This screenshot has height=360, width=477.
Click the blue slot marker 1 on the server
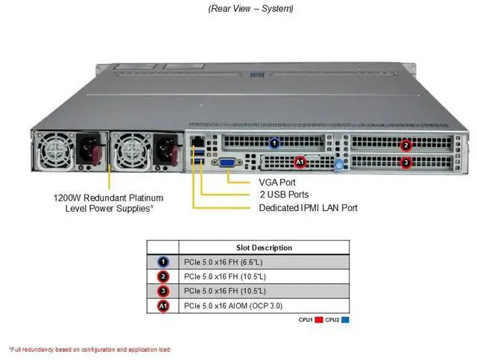pyautogui.click(x=274, y=142)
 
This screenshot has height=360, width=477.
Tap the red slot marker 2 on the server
pyautogui.click(x=406, y=145)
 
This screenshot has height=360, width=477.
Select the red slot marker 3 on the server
pyautogui.click(x=406, y=162)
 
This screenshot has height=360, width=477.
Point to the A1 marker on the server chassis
pyautogui.click(x=300, y=161)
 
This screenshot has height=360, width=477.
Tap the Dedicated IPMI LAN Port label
pyautogui.click(x=308, y=208)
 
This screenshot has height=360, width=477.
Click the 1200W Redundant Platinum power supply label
pyautogui.click(x=109, y=203)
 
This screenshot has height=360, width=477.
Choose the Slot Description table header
pyautogui.click(x=264, y=247)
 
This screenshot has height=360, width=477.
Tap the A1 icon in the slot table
pyautogui.click(x=163, y=306)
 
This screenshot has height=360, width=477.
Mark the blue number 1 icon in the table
pyautogui.click(x=163, y=262)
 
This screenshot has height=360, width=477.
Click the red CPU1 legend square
pyautogui.click(x=318, y=320)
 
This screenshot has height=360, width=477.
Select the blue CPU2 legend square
pyautogui.click(x=346, y=320)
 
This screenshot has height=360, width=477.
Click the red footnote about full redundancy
pyautogui.click(x=89, y=349)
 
